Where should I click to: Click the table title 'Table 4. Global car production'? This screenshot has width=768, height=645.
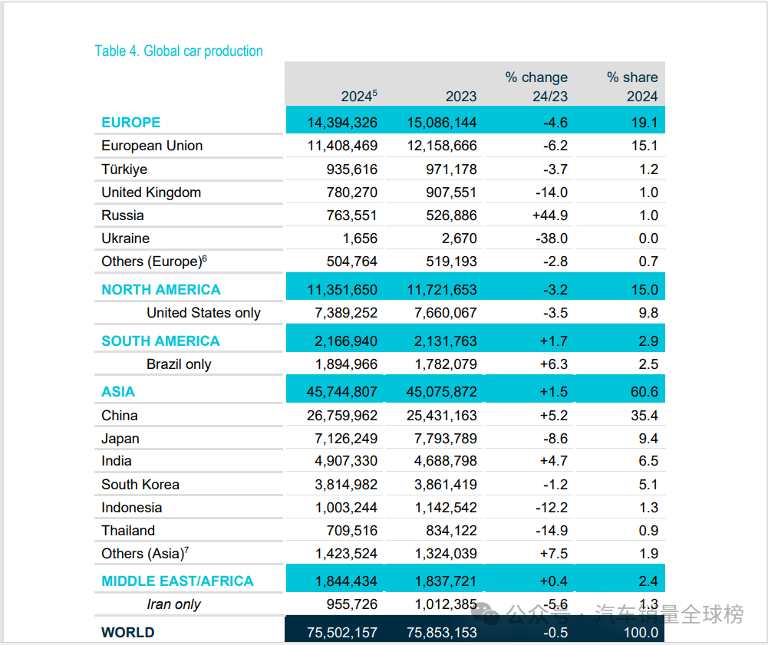178,51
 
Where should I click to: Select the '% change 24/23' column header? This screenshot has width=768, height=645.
536,87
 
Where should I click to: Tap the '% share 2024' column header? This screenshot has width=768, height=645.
631,87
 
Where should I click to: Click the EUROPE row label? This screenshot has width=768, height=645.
131,123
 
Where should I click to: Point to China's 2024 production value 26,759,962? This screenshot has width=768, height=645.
342,416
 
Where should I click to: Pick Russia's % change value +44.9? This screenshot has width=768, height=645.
550,216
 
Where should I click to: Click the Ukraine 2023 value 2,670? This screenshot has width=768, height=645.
457,239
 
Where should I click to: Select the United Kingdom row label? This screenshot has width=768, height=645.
151,193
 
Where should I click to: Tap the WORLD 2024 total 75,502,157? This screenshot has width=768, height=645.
342,633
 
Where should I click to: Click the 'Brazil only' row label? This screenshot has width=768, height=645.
179,364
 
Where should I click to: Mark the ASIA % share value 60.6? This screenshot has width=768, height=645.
643,392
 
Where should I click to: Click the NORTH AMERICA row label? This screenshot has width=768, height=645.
161,290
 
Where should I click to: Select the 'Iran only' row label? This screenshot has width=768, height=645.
173,604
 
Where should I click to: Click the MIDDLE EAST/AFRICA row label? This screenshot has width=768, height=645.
177,581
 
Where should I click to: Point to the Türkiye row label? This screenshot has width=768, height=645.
124,169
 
